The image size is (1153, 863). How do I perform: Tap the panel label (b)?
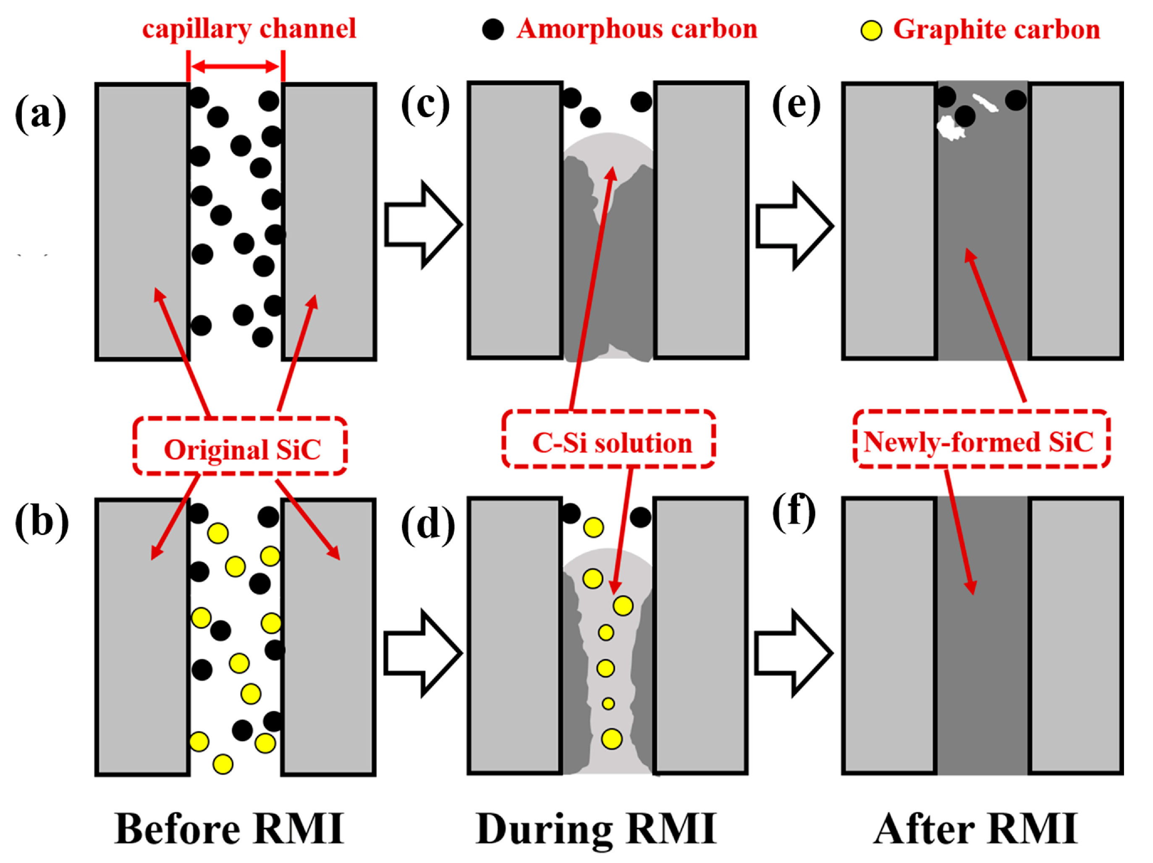[x=42, y=522]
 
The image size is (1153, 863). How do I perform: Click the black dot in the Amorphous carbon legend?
[x=493, y=29]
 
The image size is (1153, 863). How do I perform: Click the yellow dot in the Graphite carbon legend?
[x=871, y=30]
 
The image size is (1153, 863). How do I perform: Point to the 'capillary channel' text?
[x=249, y=29]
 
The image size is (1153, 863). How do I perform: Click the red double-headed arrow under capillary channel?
[x=236, y=66]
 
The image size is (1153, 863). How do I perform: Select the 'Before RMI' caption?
[x=229, y=829]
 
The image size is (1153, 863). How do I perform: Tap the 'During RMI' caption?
[x=596, y=829]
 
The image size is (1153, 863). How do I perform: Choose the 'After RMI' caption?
[x=975, y=829]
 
